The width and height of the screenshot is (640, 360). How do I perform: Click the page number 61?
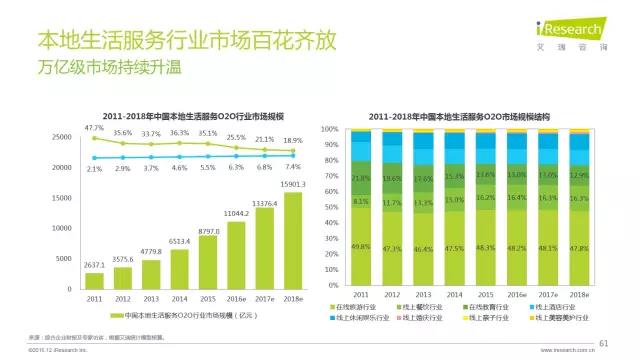tap(603, 343)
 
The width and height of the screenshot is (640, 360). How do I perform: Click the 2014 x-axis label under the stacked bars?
tap(454, 294)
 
